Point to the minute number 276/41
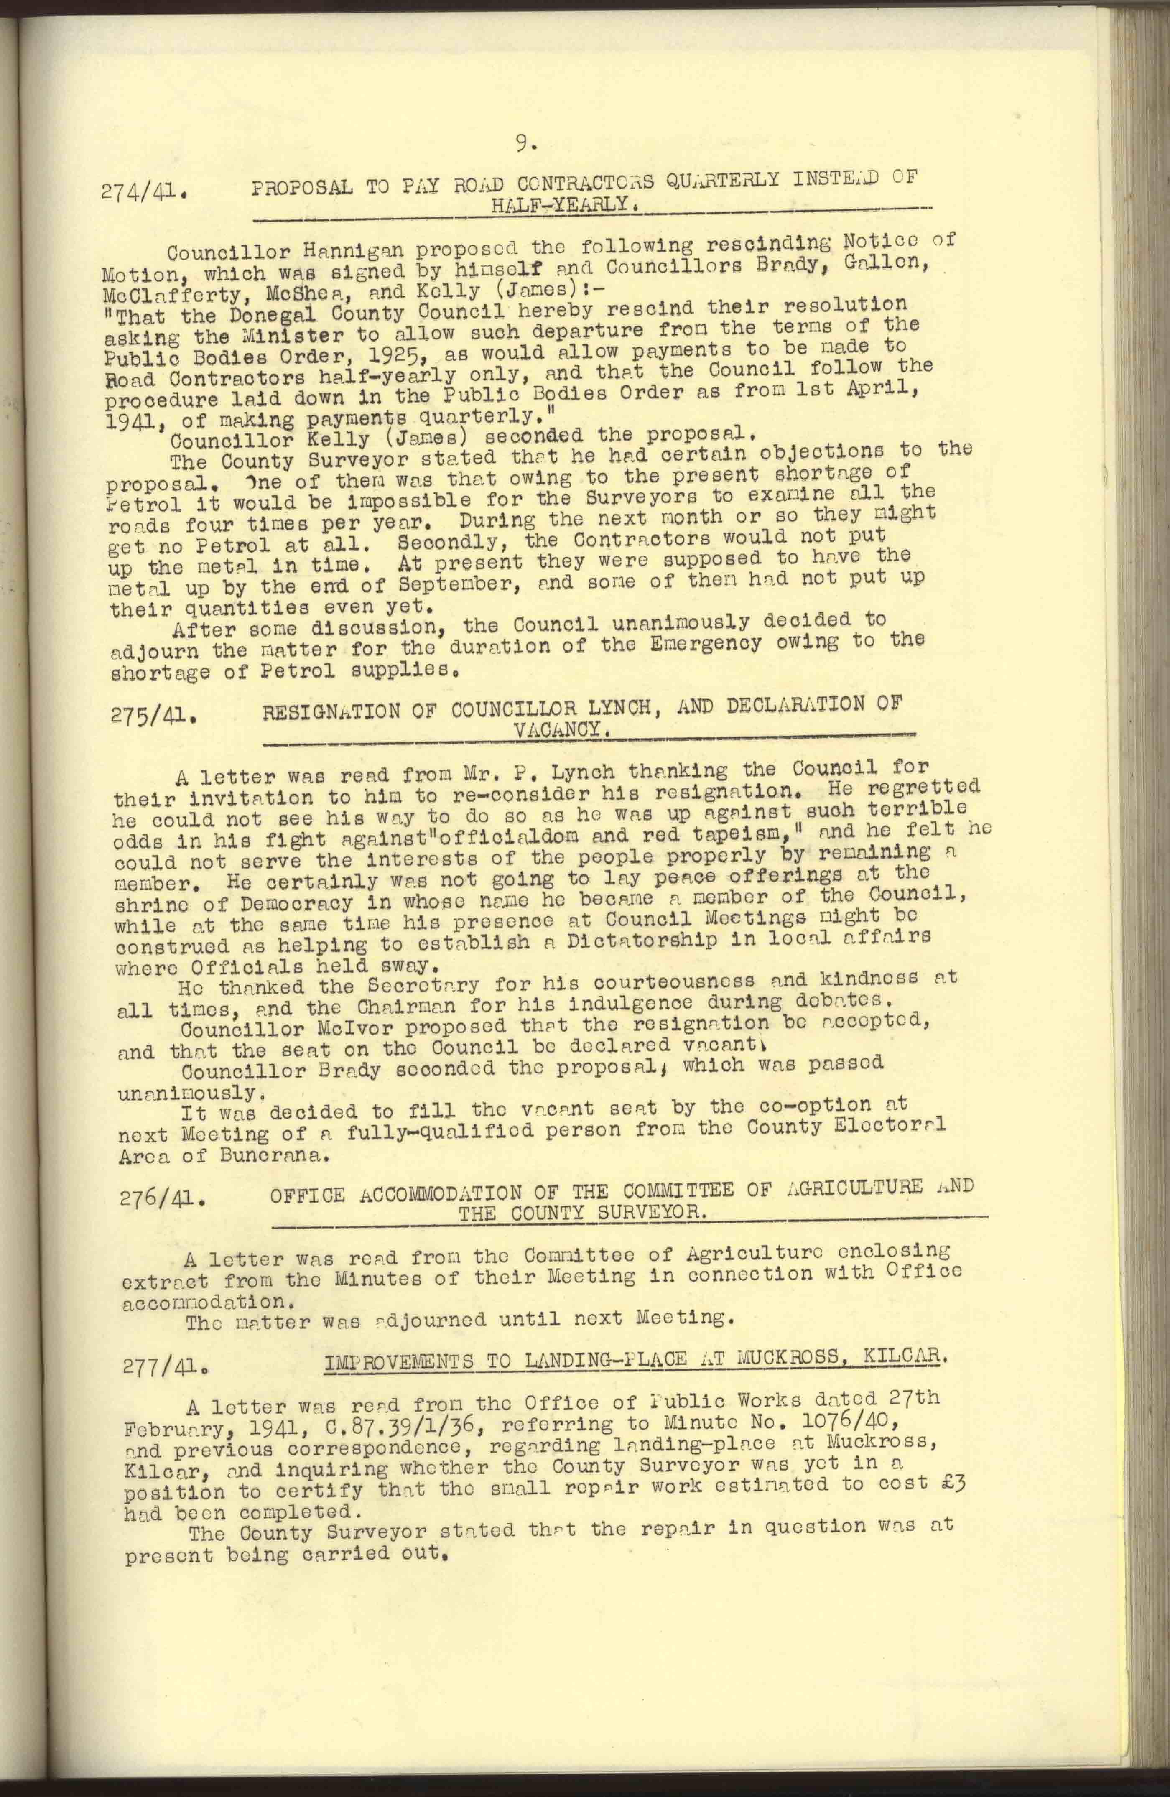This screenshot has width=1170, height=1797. click(x=162, y=1198)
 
